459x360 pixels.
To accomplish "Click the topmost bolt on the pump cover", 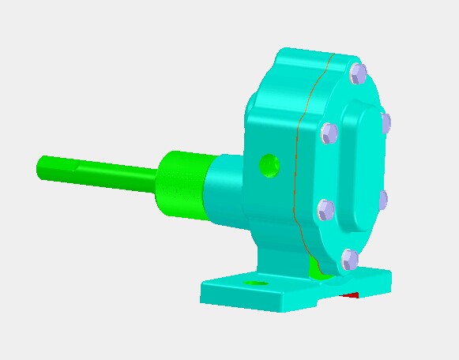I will (359, 73).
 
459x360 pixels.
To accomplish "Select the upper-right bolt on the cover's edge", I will (386, 123).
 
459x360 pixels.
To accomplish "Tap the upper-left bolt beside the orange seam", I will (329, 133).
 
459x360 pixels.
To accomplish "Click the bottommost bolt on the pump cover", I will (349, 259).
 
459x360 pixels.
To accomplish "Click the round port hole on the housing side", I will (269, 165).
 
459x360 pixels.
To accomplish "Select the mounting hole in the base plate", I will (254, 282).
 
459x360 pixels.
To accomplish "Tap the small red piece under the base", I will (351, 295).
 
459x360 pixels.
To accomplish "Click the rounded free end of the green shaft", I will (43, 167).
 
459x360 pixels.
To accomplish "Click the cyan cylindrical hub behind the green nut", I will (225, 189).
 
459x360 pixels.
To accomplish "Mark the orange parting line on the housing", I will (299, 158).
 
